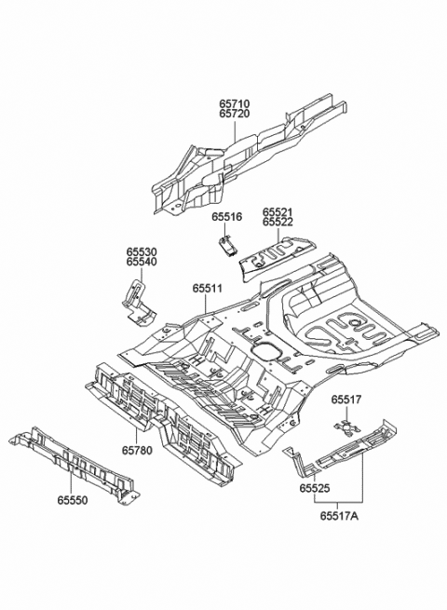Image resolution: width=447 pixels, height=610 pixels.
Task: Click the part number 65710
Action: (236, 103)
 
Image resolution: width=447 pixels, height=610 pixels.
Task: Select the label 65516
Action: (226, 217)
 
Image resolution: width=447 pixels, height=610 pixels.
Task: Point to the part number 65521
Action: (278, 212)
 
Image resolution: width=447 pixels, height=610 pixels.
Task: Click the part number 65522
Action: (278, 223)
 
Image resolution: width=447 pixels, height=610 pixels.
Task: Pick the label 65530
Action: (142, 251)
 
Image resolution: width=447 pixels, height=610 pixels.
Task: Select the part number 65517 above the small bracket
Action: (345, 400)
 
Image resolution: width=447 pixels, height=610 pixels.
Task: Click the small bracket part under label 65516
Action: (226, 244)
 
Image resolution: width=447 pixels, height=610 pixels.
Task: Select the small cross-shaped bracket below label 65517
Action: (345, 427)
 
